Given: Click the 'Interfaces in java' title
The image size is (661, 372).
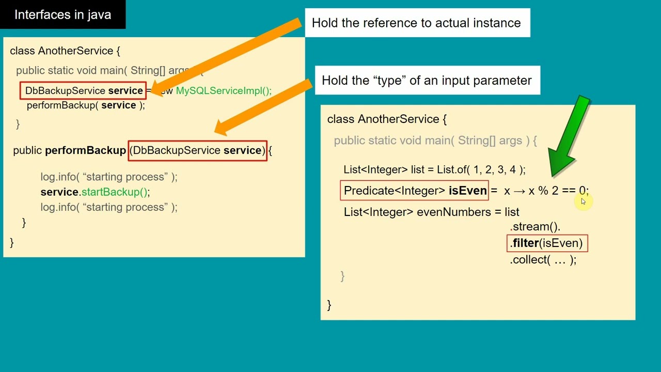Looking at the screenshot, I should point(62,14).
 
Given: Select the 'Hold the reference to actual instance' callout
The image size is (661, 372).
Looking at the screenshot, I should point(416,23).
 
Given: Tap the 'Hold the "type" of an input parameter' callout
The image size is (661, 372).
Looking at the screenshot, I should point(427,81).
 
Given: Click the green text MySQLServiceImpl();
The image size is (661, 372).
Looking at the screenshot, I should point(223,91).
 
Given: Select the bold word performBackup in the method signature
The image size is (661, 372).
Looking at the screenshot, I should point(85,150).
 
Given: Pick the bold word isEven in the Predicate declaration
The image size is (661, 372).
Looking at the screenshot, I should point(467,191).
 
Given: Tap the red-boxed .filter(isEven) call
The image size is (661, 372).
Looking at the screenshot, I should point(547,243).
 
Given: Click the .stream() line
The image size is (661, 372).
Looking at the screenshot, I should point(536,226).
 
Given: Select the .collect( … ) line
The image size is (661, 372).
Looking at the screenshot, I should point(543,260).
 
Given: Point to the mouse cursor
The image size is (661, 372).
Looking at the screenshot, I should point(583,202).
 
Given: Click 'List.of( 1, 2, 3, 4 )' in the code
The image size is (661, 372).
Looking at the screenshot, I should point(481,169).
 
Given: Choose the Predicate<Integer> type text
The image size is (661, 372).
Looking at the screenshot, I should point(394,191).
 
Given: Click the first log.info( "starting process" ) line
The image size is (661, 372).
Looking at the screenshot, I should point(108,177).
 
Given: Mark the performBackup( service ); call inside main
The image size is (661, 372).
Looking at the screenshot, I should point(86,105).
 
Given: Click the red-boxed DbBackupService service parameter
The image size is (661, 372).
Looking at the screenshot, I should point(197,150).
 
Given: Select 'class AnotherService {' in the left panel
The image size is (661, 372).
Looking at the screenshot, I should point(65,51).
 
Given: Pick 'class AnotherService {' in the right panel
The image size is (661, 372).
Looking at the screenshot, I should point(387,119).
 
